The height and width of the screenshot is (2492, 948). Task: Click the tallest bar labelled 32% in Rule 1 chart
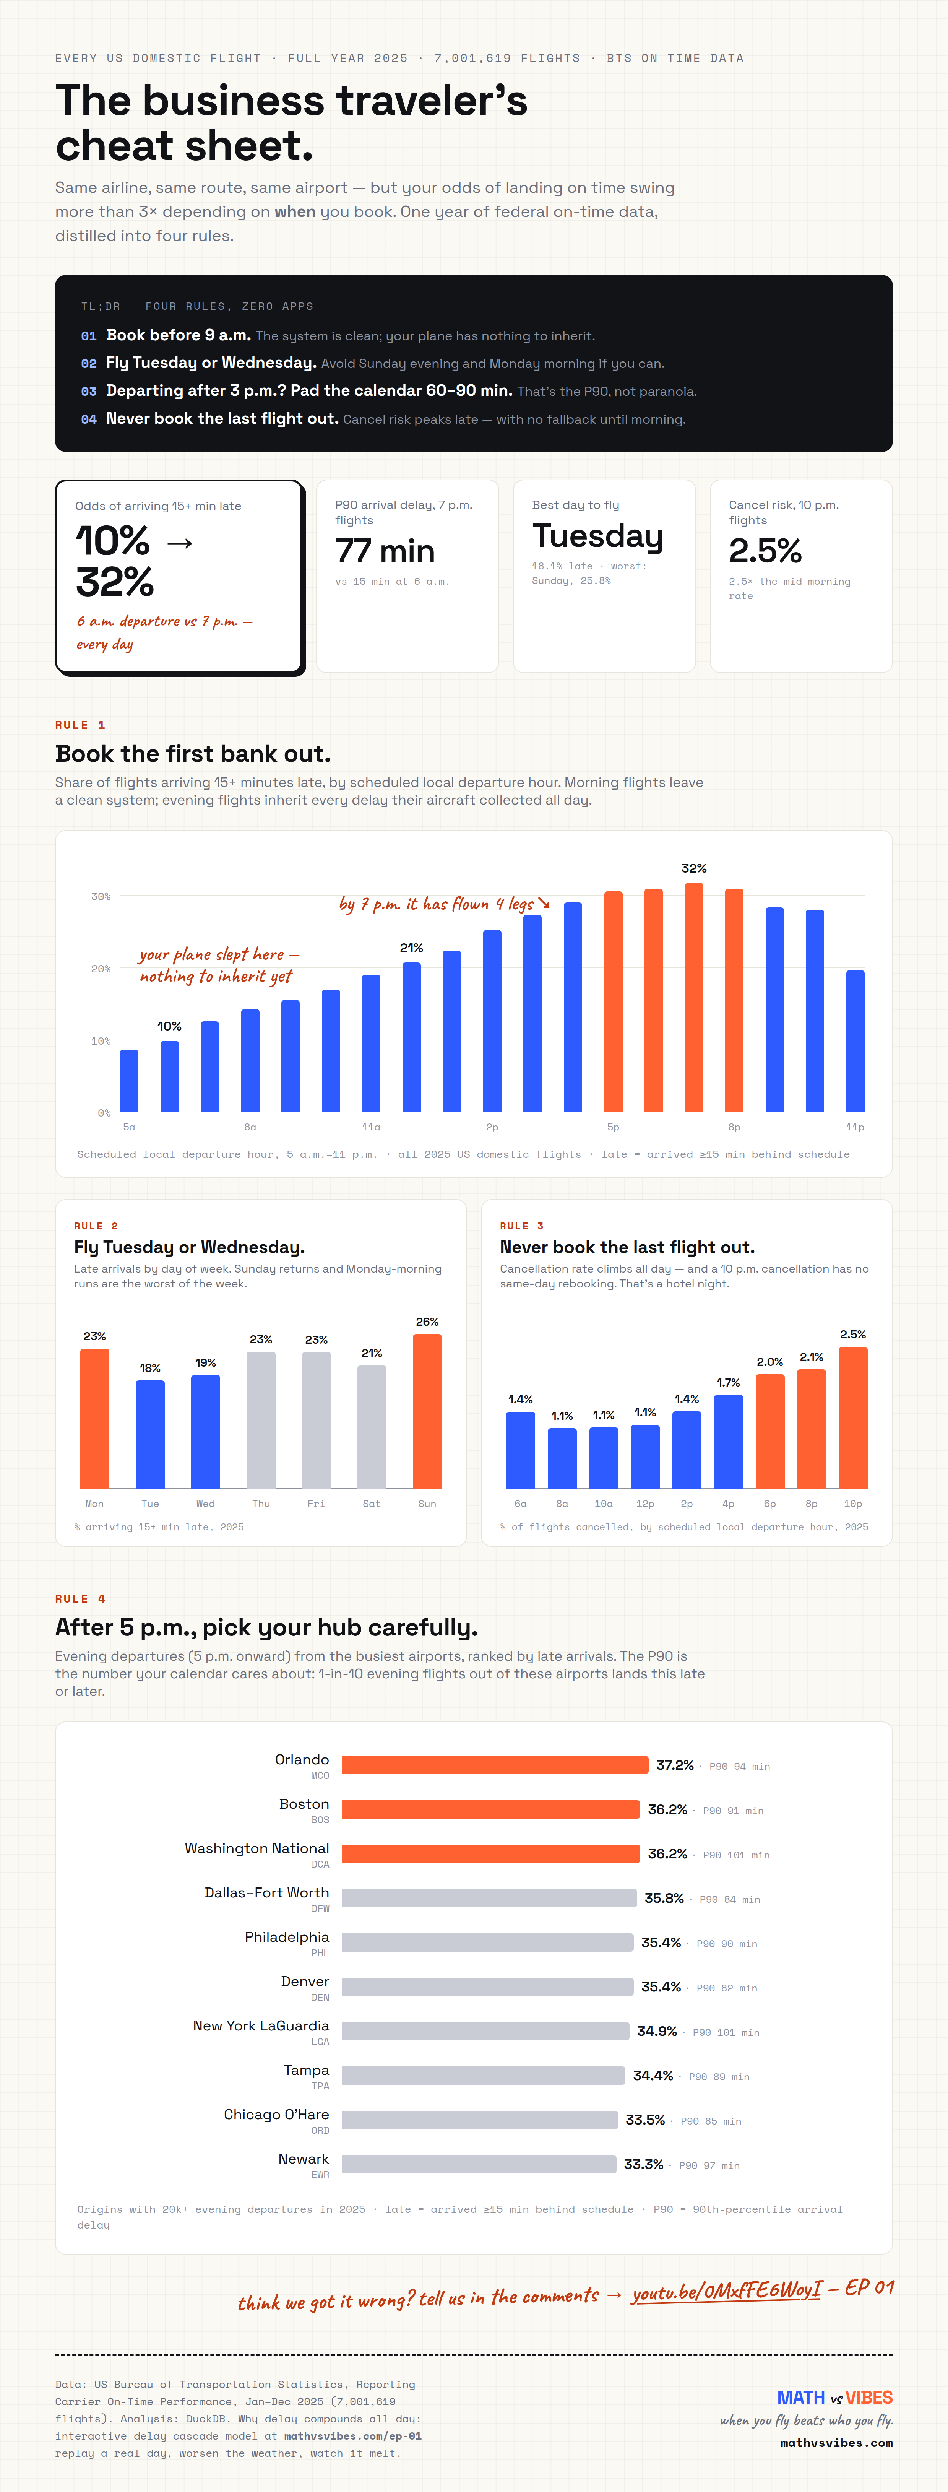point(693,997)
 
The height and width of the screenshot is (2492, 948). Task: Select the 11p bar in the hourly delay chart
point(855,1041)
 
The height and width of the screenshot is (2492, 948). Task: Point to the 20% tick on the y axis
point(101,968)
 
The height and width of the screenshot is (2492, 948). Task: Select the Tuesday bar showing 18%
point(150,1434)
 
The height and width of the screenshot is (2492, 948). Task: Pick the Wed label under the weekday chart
point(205,1503)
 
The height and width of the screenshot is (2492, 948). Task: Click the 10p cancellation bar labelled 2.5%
point(852,1417)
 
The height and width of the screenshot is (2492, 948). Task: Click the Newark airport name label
point(304,2158)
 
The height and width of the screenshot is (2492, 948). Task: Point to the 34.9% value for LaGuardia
point(657,2030)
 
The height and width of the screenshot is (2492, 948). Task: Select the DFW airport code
point(320,1908)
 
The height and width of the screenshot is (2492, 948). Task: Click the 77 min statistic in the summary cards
point(385,551)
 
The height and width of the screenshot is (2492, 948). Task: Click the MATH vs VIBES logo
point(835,2397)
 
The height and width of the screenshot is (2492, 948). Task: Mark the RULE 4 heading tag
point(80,1598)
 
